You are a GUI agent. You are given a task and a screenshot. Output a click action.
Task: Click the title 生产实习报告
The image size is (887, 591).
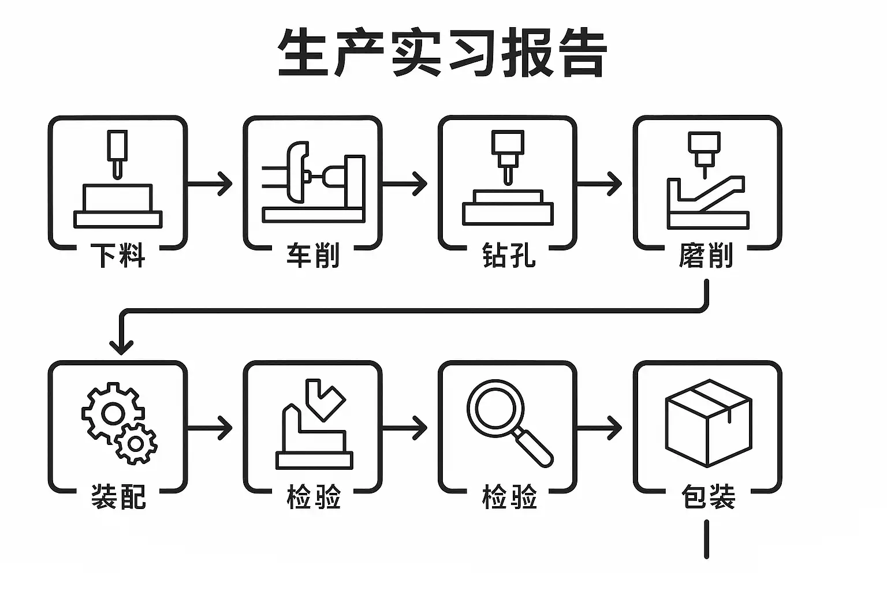[x=442, y=53]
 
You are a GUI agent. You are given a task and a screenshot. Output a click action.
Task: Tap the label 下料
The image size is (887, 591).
[x=118, y=255]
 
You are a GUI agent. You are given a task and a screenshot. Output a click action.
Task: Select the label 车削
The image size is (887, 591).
[x=313, y=255]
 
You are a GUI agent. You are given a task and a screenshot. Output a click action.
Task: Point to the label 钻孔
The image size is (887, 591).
[x=509, y=255]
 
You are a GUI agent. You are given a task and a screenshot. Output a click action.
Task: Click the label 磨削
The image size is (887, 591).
[x=706, y=255]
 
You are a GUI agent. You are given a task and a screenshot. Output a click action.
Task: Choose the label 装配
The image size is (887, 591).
[x=118, y=496]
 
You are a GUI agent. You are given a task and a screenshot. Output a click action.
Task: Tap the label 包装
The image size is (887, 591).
[x=708, y=496]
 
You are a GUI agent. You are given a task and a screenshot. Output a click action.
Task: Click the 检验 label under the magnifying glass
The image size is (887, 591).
[x=509, y=496]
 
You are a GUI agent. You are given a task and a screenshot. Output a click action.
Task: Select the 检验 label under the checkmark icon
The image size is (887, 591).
[x=313, y=496]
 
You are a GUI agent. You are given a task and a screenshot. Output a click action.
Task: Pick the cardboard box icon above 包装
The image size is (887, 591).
[x=708, y=422]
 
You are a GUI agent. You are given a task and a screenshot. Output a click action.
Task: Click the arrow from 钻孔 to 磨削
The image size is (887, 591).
[x=599, y=184]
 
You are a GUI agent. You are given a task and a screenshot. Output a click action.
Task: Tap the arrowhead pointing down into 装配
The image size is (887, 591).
[x=121, y=347]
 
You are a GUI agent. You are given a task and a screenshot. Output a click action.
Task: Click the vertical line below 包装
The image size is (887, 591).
[x=706, y=539]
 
